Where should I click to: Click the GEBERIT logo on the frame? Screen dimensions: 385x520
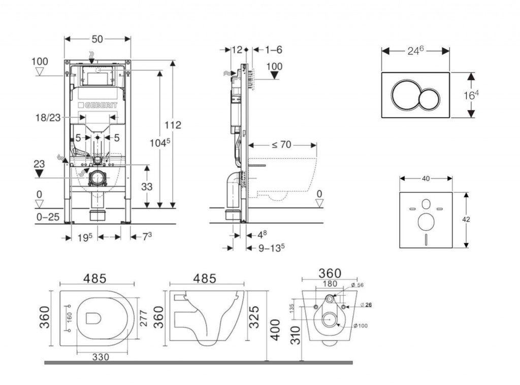(x=98, y=105)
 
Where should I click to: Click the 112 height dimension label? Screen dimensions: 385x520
(x=173, y=125)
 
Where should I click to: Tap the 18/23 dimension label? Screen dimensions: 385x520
(x=49, y=117)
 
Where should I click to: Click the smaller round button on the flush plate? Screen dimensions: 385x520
(x=430, y=96)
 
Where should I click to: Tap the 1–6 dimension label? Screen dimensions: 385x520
(x=273, y=50)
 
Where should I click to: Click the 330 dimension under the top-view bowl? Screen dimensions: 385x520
(x=102, y=358)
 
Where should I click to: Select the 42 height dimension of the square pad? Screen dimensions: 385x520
(x=467, y=219)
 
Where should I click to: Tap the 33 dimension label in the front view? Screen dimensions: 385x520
(x=147, y=187)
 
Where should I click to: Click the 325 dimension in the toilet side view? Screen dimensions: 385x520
(x=256, y=317)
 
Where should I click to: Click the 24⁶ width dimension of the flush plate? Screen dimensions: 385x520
(x=415, y=50)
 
